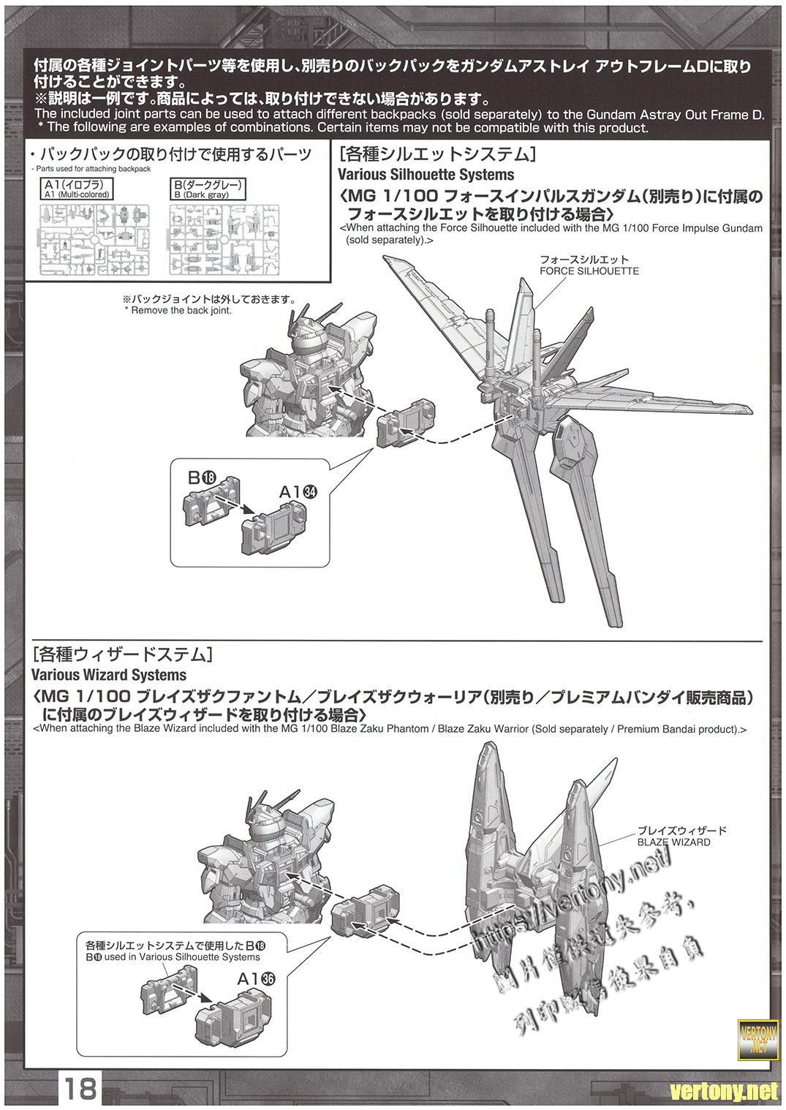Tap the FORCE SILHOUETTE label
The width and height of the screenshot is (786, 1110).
pos(589,271)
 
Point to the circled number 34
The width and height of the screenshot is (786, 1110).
pos(309,492)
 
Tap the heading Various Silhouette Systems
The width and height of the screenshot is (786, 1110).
pos(426,175)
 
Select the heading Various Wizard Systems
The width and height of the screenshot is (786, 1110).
pos(110,675)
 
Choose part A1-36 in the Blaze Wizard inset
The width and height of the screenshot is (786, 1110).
pos(236,1019)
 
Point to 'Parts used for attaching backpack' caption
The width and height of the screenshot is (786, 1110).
pos(91,169)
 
